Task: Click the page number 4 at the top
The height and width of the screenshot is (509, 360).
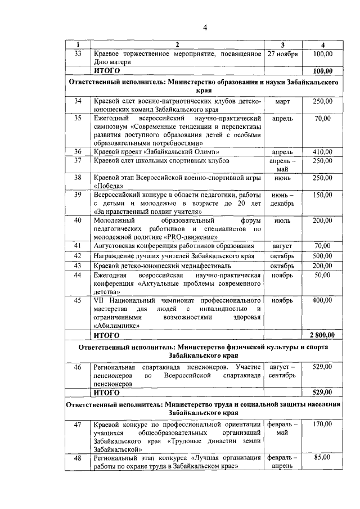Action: [x=205, y=28]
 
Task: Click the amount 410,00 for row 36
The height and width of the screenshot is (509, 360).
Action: [x=322, y=152]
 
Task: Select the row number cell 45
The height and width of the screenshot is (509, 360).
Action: [x=78, y=300]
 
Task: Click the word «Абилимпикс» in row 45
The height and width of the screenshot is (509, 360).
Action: [x=116, y=326]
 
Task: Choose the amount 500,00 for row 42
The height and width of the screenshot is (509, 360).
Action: [x=322, y=256]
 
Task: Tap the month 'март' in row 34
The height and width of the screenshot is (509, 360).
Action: [x=282, y=101]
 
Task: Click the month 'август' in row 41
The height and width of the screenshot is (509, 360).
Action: [x=282, y=246]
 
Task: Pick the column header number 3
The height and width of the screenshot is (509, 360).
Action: [x=282, y=44]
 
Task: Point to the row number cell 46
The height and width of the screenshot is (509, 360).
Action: [x=78, y=367]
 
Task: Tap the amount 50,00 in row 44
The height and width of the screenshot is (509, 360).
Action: [x=322, y=275]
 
